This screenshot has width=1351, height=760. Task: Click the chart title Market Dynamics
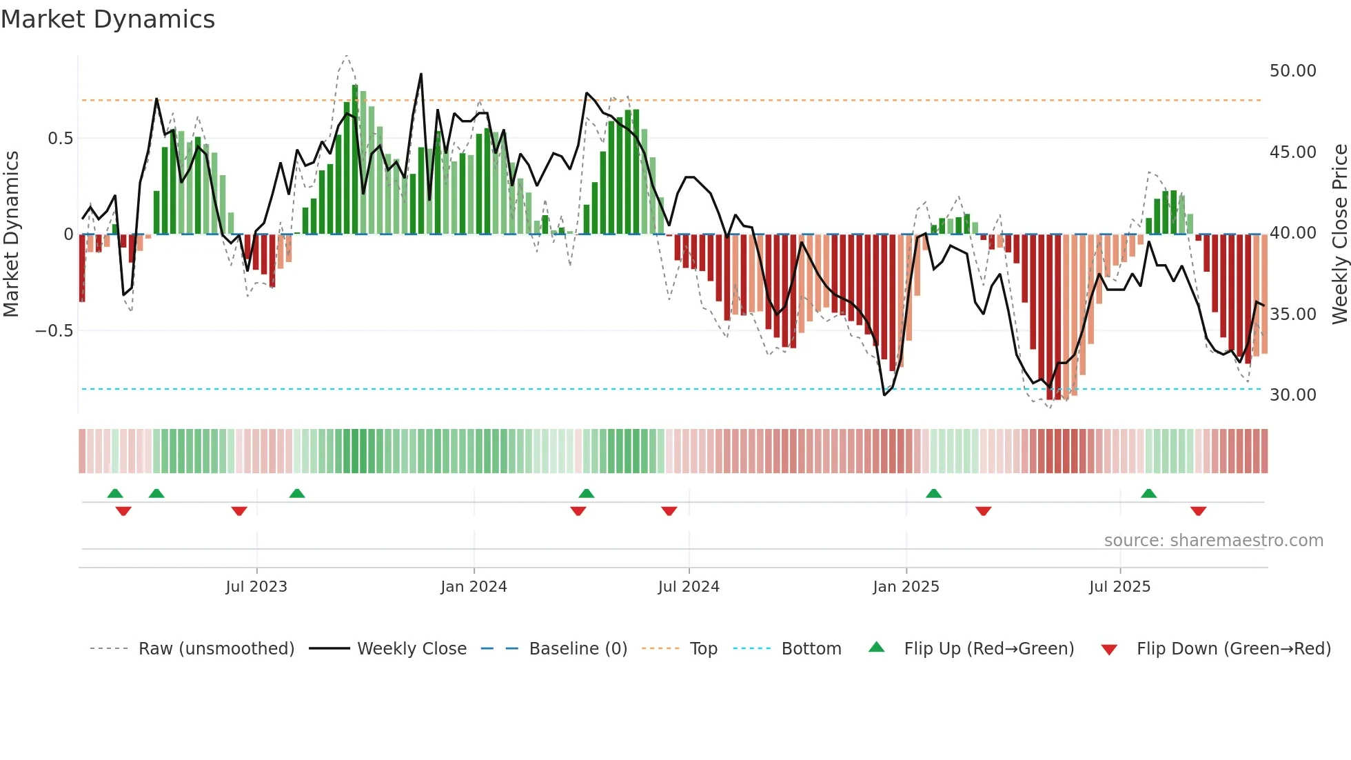click(108, 19)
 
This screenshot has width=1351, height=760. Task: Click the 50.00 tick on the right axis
click(1292, 71)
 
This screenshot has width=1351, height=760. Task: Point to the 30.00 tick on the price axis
click(1292, 395)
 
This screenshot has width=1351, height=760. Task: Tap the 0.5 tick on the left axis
click(60, 139)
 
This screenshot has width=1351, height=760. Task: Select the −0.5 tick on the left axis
click(54, 331)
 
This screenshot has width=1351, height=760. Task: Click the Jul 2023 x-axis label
click(256, 587)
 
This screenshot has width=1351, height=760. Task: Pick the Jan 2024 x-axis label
click(474, 587)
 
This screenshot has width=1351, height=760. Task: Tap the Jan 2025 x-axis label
click(906, 587)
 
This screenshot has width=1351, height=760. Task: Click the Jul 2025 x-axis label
click(1119, 587)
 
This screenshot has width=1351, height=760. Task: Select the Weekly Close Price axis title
click(1339, 234)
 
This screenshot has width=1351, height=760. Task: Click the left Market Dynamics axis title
click(11, 234)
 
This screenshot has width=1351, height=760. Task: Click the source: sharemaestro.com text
click(1213, 541)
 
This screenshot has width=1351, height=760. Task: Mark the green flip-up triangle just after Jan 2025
click(933, 494)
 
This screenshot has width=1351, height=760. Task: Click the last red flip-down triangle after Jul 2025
click(1198, 511)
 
